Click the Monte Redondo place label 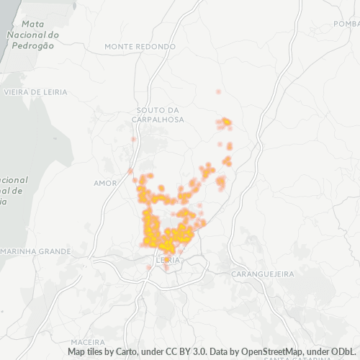(140, 46)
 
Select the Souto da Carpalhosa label (160, 114)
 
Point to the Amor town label (105, 183)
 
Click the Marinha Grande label (36, 251)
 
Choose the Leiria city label (167, 259)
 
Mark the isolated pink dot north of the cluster (218, 92)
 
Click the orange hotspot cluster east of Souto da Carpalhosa (226, 122)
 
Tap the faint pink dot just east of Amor (130, 171)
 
